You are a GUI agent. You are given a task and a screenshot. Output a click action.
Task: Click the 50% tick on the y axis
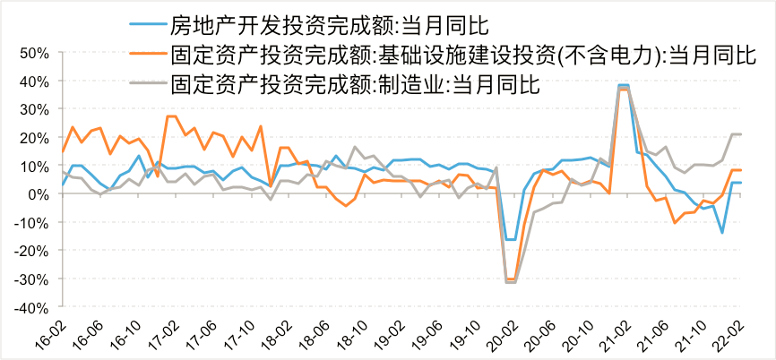(x=32, y=53)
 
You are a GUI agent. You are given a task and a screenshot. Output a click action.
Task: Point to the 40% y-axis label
(x=32, y=81)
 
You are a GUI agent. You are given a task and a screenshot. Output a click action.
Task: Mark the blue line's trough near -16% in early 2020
(x=510, y=239)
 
